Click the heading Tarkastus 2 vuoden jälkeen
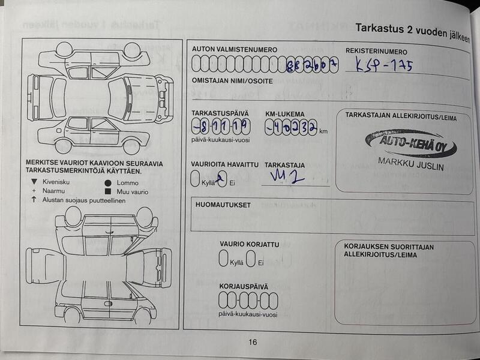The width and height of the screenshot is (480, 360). coord(416,29)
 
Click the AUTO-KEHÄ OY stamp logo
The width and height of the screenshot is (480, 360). coord(410,144)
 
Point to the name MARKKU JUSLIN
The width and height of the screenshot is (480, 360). coord(411,164)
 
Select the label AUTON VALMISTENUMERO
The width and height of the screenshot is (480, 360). coord(234,49)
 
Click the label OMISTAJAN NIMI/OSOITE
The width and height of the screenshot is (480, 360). coord(232,80)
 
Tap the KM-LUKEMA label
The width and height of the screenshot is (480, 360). coord(284,114)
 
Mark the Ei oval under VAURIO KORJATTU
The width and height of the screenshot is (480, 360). coord(250,259)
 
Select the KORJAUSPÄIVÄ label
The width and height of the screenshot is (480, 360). coord(244,287)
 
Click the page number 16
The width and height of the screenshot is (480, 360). coord(253,342)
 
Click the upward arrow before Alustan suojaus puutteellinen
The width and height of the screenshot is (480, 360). coord(34,200)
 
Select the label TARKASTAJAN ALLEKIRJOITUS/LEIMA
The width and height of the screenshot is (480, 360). coord(401,118)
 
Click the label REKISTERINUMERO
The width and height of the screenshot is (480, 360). coord(376,52)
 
